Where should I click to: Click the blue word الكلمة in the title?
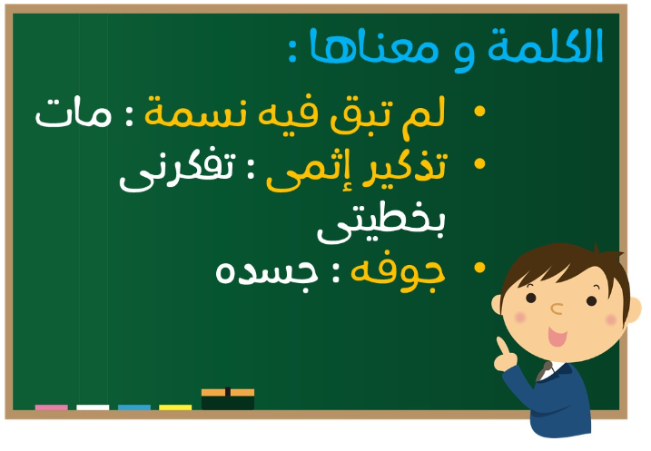[x=545, y=45]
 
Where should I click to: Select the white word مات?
[x=74, y=113]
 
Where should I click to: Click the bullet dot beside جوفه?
[x=479, y=268]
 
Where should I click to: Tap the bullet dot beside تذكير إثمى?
[x=479, y=163]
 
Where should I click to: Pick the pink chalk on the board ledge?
[x=52, y=407]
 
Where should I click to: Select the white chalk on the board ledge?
[x=93, y=407]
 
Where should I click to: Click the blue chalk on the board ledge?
[x=134, y=407]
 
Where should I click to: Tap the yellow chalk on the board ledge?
[x=175, y=407]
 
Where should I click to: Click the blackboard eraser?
[x=228, y=399]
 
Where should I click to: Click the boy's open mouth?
[x=557, y=337]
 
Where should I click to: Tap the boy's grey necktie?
[x=544, y=371]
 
